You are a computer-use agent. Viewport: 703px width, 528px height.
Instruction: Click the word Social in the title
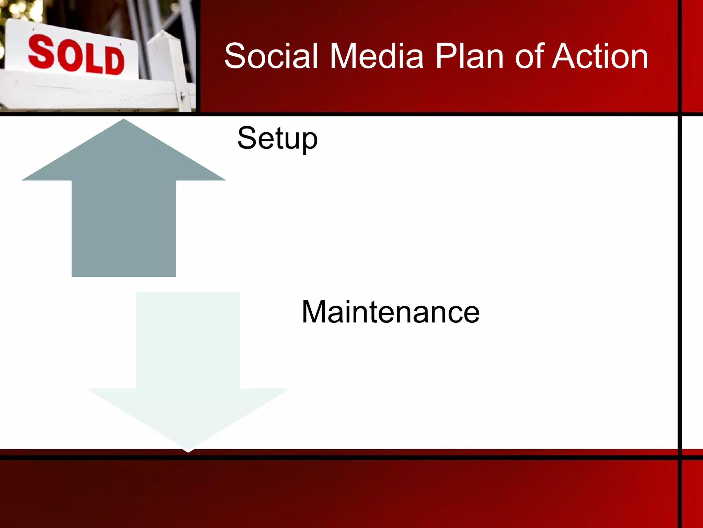pos(271,56)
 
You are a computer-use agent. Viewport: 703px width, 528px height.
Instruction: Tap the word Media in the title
pos(377,56)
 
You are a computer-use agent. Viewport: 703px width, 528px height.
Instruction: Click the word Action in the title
pos(601,56)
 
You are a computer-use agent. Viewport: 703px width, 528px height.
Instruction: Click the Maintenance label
pos(391,312)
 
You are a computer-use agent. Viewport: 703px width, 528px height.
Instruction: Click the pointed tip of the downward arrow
pos(188,450)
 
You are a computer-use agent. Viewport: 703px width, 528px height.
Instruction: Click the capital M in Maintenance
pos(314,312)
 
